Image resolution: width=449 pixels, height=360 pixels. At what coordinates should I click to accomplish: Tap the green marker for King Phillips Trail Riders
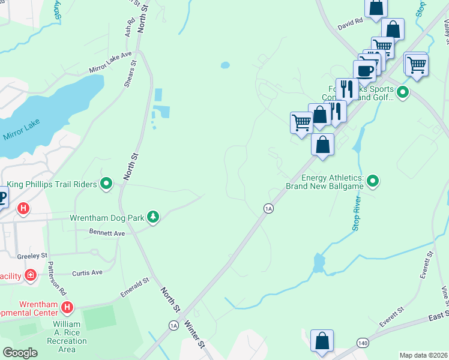(107, 184)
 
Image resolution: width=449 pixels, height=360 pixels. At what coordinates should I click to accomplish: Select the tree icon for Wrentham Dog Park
(153, 217)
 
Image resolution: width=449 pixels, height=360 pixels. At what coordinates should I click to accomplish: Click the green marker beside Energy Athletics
(373, 180)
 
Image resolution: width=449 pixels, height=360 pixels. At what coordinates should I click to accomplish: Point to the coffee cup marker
(364, 71)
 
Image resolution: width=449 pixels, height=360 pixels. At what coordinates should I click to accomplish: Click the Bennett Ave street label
(107, 232)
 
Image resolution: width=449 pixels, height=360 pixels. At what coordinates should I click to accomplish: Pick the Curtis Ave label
(87, 272)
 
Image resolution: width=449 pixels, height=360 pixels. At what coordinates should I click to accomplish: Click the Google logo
(20, 353)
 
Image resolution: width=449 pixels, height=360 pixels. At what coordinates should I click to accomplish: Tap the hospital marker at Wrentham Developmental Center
(67, 308)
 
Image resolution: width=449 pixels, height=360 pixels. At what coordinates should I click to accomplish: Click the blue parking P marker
(2, 197)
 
